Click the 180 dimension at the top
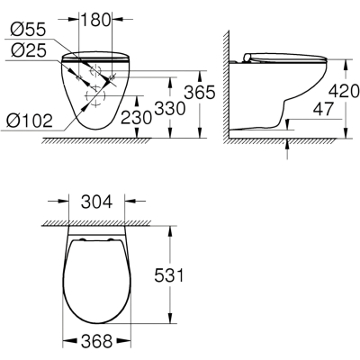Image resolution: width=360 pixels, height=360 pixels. [95, 20]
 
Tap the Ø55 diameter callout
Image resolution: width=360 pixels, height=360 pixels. [28, 30]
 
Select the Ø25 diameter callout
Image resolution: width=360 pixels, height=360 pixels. [28, 50]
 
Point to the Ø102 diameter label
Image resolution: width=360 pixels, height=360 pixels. [30, 121]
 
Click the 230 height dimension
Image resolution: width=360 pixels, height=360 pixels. [136, 117]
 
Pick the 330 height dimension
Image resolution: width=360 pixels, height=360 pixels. [169, 108]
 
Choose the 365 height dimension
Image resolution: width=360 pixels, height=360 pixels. [200, 92]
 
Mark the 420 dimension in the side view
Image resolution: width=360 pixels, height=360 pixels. [344, 91]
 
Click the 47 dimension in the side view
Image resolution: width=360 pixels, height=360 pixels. [323, 109]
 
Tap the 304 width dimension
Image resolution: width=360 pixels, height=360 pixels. [97, 202]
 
